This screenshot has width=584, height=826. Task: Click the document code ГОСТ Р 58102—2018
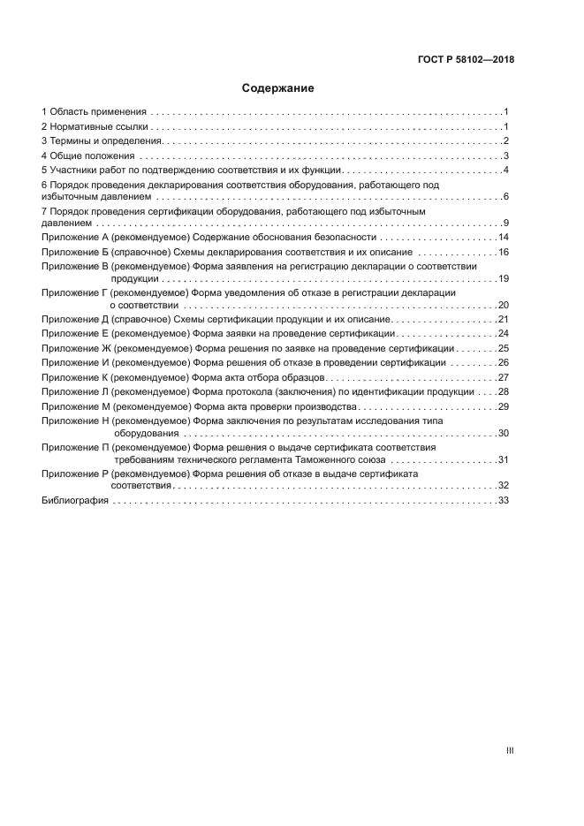point(466,60)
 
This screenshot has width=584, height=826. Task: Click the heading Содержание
point(278,88)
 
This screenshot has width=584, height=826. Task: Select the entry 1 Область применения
point(94,112)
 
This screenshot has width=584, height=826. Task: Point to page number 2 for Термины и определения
point(504,141)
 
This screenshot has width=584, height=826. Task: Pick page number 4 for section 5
point(504,171)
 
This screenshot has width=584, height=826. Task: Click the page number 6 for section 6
point(504,196)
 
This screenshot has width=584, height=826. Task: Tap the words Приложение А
point(75,238)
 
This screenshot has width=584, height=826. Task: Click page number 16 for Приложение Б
point(503,252)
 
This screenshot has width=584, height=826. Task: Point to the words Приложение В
point(75,266)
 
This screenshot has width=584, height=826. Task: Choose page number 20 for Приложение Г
point(503,305)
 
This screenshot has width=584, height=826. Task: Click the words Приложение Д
point(75,319)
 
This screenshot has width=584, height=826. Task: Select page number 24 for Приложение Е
point(503,334)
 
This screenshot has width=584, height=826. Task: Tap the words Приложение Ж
point(76,348)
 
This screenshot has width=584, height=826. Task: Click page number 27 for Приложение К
point(503,377)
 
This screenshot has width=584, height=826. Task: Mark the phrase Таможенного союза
point(340,459)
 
